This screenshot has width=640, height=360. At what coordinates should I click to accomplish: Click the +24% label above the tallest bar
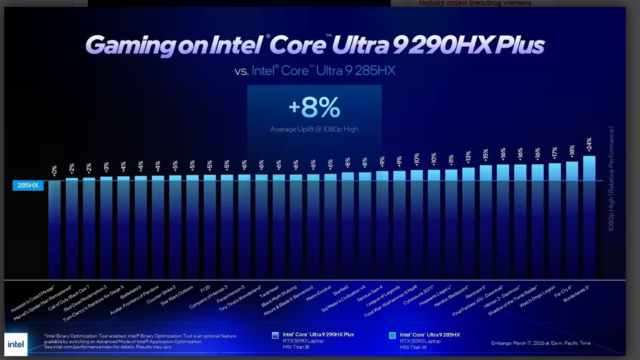coord(589,145)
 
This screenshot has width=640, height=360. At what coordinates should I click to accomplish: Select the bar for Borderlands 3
coord(589,215)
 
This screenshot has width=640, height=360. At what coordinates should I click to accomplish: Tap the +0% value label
coord(55,171)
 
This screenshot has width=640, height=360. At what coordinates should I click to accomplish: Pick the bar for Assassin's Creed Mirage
coord(55,228)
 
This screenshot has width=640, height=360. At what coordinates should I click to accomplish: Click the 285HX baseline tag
coord(28,185)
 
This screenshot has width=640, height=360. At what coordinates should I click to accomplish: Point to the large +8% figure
coord(314,108)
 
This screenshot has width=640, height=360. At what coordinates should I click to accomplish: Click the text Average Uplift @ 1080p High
coord(314,129)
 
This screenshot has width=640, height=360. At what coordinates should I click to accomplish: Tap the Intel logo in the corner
coord(16,344)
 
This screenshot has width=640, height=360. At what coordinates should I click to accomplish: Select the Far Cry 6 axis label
coord(563,292)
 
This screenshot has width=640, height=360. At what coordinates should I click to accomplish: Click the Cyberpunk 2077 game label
coord(418,295)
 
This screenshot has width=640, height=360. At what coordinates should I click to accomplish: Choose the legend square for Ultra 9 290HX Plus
coord(275,335)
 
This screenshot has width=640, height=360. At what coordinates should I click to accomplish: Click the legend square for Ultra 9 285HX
coord(393,335)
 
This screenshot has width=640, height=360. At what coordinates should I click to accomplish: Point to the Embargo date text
coord(541,343)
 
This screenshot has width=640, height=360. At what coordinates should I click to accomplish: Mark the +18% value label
coord(572,151)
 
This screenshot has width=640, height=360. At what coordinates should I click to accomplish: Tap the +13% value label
coord(468,157)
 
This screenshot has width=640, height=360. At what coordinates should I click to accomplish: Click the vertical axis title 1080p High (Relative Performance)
coord(611,178)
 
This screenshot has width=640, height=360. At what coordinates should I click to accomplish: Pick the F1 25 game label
coord(205,289)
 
